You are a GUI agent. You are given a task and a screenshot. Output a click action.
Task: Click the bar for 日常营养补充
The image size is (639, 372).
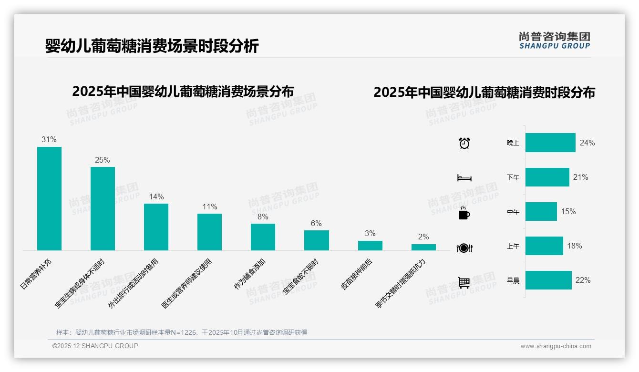pyautogui.click(x=49, y=198)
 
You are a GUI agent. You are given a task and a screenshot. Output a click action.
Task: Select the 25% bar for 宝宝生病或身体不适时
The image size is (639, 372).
pyautogui.click(x=103, y=208)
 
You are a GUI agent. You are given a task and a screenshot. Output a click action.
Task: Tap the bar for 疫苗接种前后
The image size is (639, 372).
pyautogui.click(x=370, y=245)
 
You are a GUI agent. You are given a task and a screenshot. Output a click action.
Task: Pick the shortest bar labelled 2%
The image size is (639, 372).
pyautogui.click(x=423, y=247)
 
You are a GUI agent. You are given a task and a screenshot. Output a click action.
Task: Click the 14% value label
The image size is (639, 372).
pyautogui.click(x=156, y=196)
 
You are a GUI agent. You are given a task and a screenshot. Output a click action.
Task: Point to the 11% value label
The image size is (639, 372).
pyautogui.click(x=209, y=207)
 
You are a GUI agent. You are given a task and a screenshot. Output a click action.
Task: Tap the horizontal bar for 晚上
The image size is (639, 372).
pyautogui.click(x=550, y=143)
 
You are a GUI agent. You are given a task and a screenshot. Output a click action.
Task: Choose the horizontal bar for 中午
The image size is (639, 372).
pyautogui.click(x=541, y=211)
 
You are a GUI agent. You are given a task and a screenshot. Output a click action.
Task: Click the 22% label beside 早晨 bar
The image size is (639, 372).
pyautogui.click(x=583, y=280)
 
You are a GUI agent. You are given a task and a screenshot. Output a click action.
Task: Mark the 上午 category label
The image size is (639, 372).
pyautogui.click(x=513, y=246)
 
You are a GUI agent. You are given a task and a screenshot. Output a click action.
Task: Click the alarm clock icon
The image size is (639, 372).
pyautogui.click(x=464, y=143)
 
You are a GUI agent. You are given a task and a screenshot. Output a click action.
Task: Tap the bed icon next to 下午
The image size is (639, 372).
pyautogui.click(x=464, y=178)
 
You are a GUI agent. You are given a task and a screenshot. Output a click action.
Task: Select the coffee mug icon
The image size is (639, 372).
pyautogui.click(x=464, y=213)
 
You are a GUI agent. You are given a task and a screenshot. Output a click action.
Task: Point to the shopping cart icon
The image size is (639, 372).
pyautogui.click(x=464, y=282)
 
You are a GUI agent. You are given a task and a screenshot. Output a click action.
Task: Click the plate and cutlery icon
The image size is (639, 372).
pyautogui.click(x=464, y=248)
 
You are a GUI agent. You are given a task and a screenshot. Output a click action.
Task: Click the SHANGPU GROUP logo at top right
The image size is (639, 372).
pyautogui.click(x=554, y=40)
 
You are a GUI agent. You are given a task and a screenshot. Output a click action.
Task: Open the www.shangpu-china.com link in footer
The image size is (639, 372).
pyautogui.click(x=556, y=346)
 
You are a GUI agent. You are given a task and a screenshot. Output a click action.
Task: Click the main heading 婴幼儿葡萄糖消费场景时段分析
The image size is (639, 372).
pyautogui.click(x=152, y=46)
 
